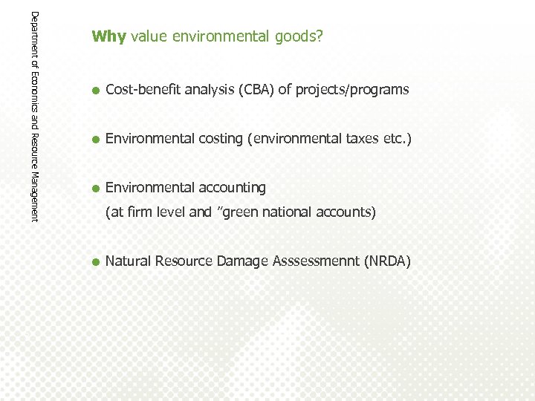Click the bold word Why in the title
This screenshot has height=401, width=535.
pyautogui.click(x=109, y=36)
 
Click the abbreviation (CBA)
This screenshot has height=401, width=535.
pyautogui.click(x=256, y=90)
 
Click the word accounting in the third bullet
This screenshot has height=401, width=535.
pyautogui.click(x=230, y=187)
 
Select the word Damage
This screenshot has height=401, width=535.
pyautogui.click(x=242, y=261)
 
